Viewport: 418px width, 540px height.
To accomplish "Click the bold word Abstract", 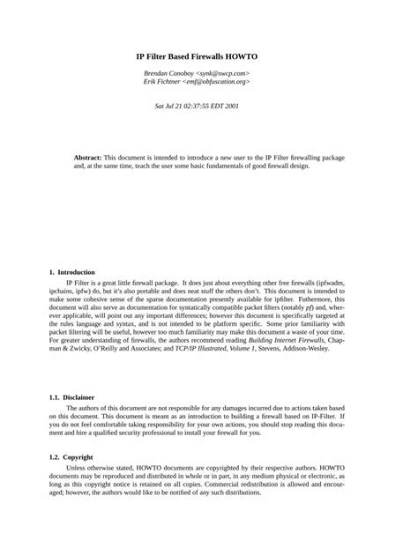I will pos(87,156).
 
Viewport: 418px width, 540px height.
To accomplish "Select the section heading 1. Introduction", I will pos(72,272).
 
